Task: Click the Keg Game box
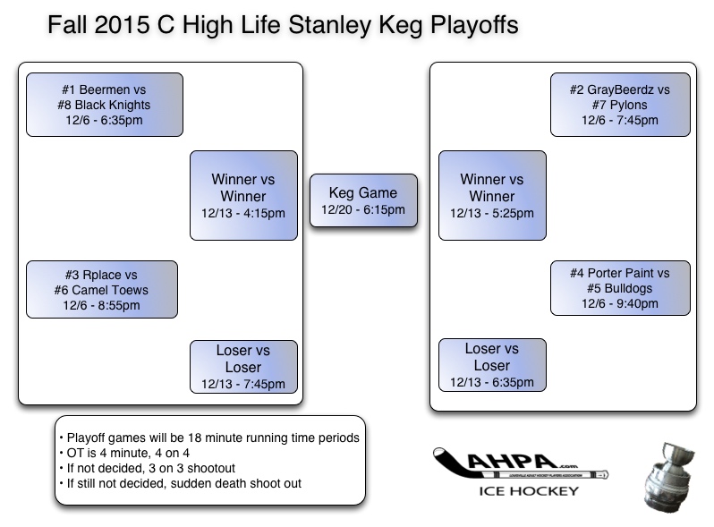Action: pos(362,201)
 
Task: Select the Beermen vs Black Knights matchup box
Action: pos(105,105)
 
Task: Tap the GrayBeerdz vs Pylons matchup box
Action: pos(619,105)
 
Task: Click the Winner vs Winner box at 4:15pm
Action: pos(243,195)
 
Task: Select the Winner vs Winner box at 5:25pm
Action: pos(492,195)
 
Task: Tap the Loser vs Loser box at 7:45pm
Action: pos(243,367)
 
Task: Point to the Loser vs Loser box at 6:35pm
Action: pos(492,365)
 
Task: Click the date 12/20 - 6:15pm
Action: pos(362,210)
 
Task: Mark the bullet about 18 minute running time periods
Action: pos(208,438)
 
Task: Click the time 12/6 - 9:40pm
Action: pos(619,304)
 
